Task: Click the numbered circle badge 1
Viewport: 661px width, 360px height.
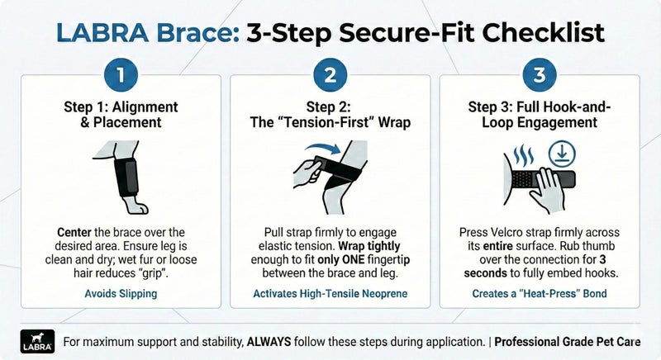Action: [x=121, y=75]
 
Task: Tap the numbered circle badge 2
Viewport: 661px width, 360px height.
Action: [x=330, y=75]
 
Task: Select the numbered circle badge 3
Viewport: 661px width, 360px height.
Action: [x=540, y=75]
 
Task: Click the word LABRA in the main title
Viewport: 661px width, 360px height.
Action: [x=102, y=32]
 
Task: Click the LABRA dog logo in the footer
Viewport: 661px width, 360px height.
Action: [x=37, y=341]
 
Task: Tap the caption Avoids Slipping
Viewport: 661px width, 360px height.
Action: [x=121, y=293]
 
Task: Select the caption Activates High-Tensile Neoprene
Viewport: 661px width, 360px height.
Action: [x=330, y=293]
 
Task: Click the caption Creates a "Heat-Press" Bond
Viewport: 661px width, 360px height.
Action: [x=540, y=293]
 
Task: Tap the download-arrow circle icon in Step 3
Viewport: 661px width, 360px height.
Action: [x=562, y=155]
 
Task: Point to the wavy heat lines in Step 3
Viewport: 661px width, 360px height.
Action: [x=524, y=155]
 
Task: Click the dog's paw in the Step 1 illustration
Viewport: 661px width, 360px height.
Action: [x=136, y=205]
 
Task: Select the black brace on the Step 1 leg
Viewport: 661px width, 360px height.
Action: [x=126, y=177]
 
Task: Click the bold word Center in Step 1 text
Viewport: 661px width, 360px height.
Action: [x=74, y=232]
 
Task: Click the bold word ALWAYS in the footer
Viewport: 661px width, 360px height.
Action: [x=269, y=342]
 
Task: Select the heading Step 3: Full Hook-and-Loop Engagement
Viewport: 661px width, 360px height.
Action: [x=540, y=115]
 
